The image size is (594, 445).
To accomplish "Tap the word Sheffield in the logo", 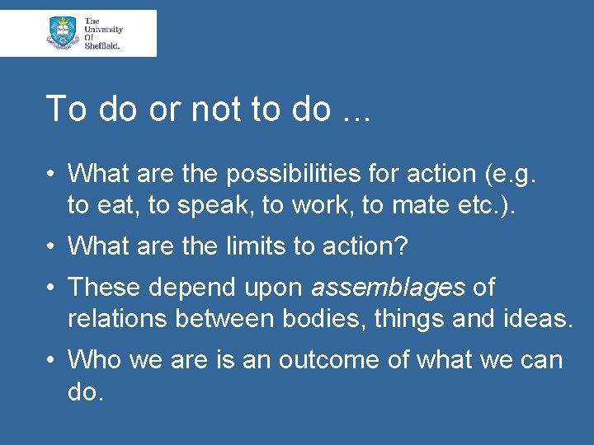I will [101, 46].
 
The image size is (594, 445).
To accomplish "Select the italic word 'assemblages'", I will [388, 288].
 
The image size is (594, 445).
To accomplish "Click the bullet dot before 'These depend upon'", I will [51, 288].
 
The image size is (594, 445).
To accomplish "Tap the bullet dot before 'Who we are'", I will [51, 360].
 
